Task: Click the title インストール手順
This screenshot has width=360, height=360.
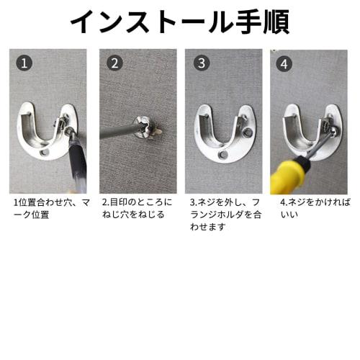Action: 179,22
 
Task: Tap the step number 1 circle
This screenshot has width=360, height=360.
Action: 25,63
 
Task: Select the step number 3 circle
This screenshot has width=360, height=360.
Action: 202,63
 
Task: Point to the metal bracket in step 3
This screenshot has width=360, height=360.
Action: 222,137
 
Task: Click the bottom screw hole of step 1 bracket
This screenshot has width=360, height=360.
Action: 45,153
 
